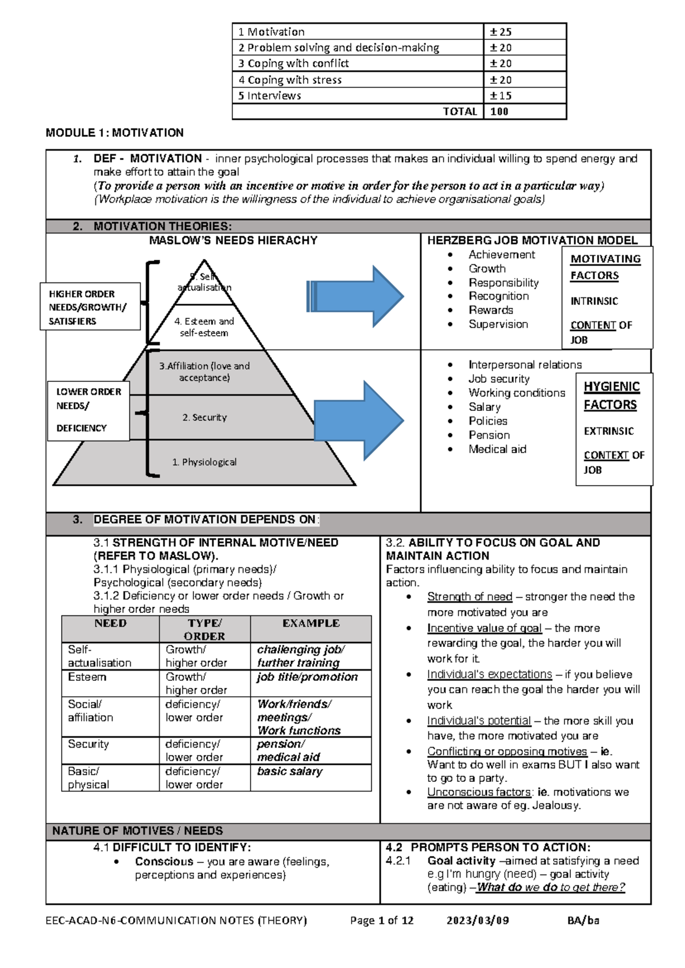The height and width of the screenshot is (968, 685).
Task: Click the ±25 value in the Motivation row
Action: [x=501, y=32]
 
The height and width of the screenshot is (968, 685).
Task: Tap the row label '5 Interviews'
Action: [x=269, y=95]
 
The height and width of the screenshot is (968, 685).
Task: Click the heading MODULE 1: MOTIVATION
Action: [x=115, y=132]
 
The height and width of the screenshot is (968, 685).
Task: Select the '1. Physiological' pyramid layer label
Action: [x=204, y=462]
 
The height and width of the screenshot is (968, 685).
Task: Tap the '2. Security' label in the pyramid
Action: [x=204, y=417]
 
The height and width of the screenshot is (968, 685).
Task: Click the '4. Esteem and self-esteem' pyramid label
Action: [x=204, y=327]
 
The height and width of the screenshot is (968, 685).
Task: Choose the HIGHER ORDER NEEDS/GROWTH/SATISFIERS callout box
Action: [x=90, y=306]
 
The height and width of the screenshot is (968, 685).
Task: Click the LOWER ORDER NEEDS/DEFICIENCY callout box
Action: [x=88, y=410]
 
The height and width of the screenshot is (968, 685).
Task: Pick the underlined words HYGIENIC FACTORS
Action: [x=610, y=396]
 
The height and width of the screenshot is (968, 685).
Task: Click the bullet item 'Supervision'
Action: [x=498, y=324]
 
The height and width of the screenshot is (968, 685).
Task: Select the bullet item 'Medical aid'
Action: [x=497, y=449]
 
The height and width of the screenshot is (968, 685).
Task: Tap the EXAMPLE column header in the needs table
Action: [x=311, y=623]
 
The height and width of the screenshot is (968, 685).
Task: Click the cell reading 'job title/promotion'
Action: [x=307, y=677]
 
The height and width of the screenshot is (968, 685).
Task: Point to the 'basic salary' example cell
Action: [x=289, y=772]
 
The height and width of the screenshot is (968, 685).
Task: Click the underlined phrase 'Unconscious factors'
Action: [x=479, y=792]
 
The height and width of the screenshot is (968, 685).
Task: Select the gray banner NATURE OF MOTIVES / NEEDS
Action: [x=138, y=831]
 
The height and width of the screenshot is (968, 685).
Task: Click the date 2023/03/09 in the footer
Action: [x=478, y=920]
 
